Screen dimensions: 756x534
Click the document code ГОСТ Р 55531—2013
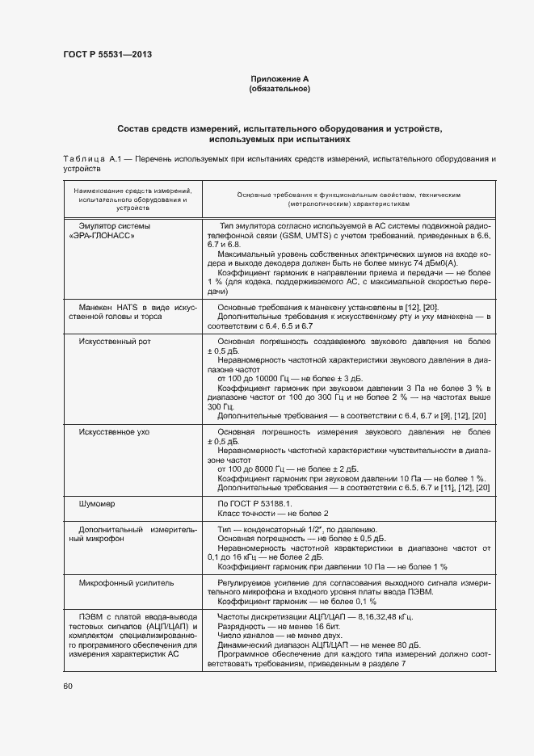(x=107, y=55)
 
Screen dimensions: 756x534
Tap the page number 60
(x=68, y=686)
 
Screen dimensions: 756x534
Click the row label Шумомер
(x=96, y=504)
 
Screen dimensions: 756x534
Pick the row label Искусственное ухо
(x=114, y=432)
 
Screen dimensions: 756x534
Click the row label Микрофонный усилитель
(x=125, y=582)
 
